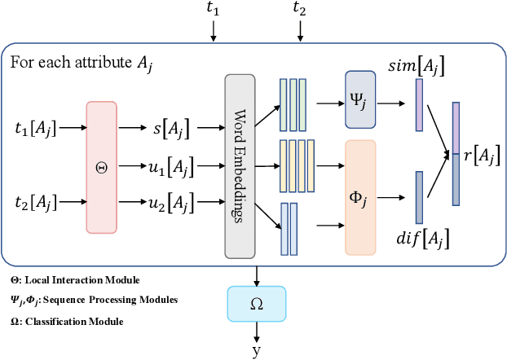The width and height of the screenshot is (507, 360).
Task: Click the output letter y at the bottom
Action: point(257,350)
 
